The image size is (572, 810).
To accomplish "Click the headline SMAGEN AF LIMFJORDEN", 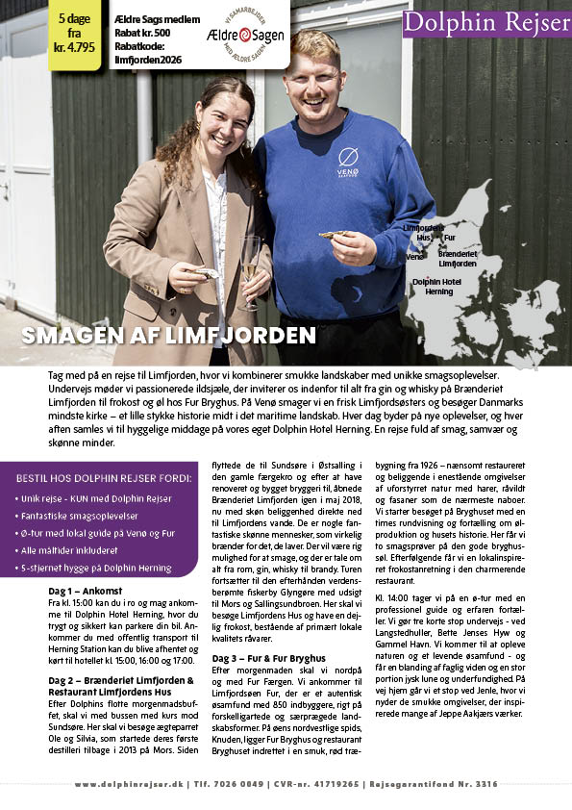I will pos(169,335).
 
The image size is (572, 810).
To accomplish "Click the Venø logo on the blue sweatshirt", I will pos(348,163).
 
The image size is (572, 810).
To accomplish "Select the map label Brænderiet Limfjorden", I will pos(458,257).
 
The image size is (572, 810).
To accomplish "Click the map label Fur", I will pos(449,237).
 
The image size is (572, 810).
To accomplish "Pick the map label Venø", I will pos(414,257).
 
